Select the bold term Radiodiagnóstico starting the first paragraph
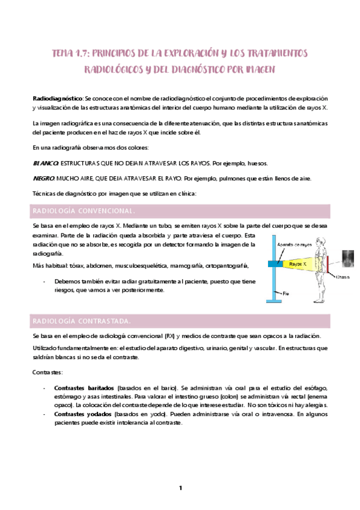57,98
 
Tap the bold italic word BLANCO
45,163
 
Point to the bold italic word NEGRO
44,178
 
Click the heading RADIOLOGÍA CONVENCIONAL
83,211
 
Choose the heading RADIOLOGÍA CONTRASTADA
81,320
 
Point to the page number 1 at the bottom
180,488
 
